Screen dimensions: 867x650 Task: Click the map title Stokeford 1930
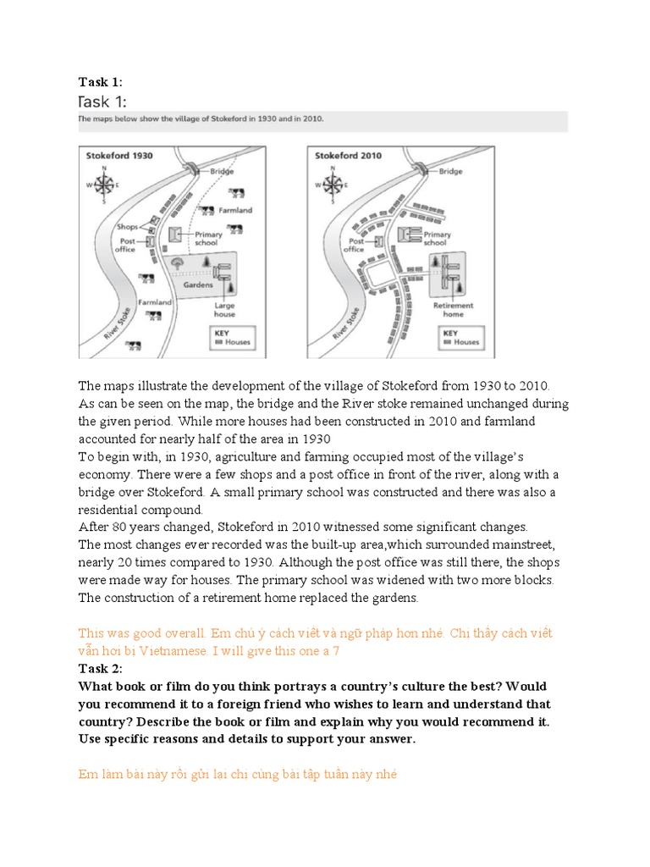[119, 156]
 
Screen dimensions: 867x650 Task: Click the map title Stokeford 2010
[348, 156]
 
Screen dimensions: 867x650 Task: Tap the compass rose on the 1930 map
[104, 184]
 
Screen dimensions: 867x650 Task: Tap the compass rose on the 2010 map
[332, 184]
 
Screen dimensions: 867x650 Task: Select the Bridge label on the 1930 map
[222, 171]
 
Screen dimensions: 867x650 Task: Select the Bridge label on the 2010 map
[450, 171]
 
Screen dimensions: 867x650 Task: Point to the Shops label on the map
[127, 227]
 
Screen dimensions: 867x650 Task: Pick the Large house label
[224, 309]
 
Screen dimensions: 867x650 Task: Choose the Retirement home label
[453, 309]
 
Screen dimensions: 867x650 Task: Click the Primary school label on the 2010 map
[437, 238]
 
